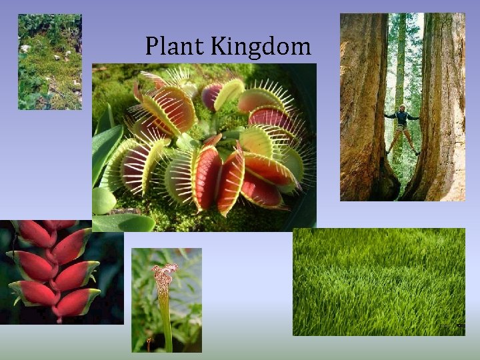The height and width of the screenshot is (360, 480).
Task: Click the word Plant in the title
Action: click(x=175, y=47)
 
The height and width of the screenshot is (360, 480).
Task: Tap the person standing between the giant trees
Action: click(x=402, y=131)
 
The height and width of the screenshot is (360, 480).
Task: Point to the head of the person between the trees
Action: click(x=401, y=107)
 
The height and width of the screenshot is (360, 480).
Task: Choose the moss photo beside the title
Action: click(x=49, y=61)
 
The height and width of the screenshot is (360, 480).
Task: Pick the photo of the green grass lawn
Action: click(x=379, y=281)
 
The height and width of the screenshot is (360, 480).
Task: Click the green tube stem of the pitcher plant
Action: click(x=165, y=320)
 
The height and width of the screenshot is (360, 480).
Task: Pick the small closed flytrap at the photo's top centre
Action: click(x=212, y=96)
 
